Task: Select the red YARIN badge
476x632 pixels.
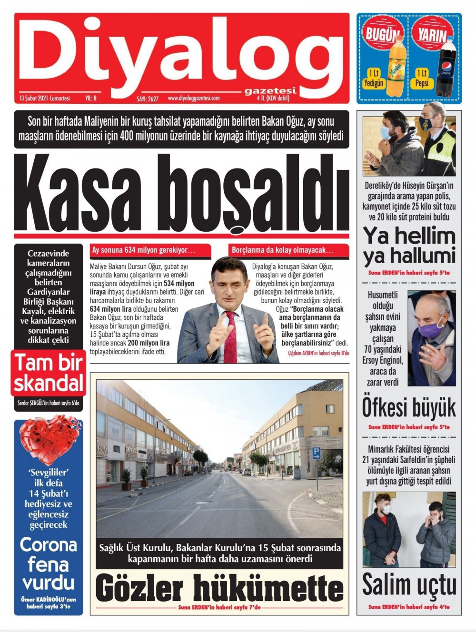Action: [x=432, y=34]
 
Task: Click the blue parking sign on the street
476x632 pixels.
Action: [x=316, y=453]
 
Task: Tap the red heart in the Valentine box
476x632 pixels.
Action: [x=44, y=438]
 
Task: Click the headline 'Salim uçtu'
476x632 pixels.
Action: [x=409, y=585]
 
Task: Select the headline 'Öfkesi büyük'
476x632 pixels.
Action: [x=409, y=408]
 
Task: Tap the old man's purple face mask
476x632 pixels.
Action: [x=433, y=327]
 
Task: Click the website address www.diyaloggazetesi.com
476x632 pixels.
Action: [x=194, y=98]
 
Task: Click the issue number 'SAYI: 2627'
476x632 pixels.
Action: [x=148, y=99]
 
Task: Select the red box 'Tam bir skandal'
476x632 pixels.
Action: [x=48, y=373]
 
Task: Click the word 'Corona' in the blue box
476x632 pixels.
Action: [x=48, y=544]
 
